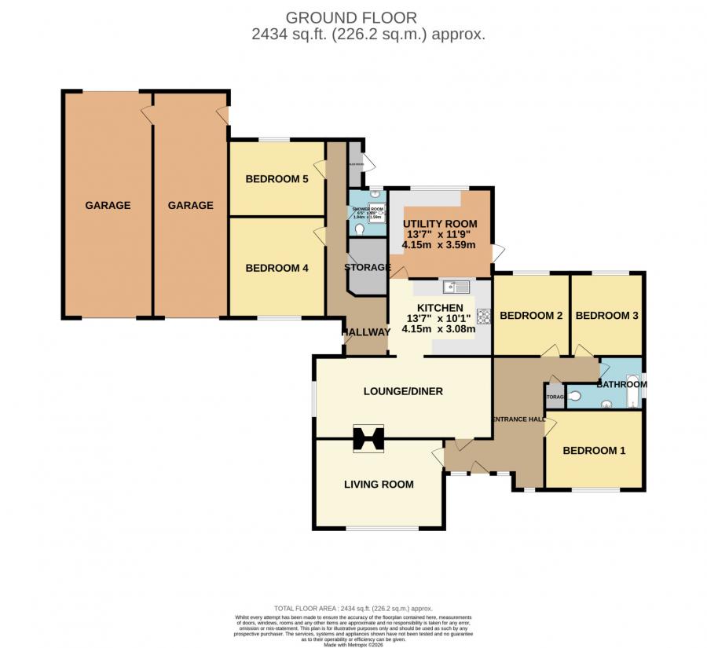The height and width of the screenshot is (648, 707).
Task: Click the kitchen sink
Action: pyautogui.click(x=455, y=287)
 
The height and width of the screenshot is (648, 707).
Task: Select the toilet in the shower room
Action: pyautogui.click(x=359, y=229)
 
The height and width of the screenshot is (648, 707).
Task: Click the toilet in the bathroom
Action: pyautogui.click(x=573, y=397)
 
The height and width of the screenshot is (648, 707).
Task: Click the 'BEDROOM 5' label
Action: pyautogui.click(x=277, y=179)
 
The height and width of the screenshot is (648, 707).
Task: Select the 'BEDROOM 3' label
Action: pyautogui.click(x=606, y=316)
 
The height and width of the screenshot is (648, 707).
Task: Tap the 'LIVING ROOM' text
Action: pyautogui.click(x=379, y=484)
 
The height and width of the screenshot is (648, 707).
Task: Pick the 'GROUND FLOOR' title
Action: pyautogui.click(x=351, y=16)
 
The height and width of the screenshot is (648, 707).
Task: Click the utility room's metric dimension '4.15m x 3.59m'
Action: pyautogui.click(x=439, y=244)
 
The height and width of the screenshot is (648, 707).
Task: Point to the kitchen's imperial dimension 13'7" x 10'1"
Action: pyautogui.click(x=439, y=318)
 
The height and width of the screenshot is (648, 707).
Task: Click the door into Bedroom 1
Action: pyautogui.click(x=551, y=426)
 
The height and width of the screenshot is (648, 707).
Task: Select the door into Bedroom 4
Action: pyautogui.click(x=318, y=234)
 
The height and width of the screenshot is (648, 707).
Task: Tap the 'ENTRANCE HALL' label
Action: pyautogui.click(x=518, y=419)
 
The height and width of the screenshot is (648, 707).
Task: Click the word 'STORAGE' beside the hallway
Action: pyautogui.click(x=368, y=267)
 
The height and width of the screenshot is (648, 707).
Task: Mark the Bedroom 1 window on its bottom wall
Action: pyautogui.click(x=594, y=489)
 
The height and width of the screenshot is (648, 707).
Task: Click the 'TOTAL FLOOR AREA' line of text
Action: pyautogui.click(x=353, y=608)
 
